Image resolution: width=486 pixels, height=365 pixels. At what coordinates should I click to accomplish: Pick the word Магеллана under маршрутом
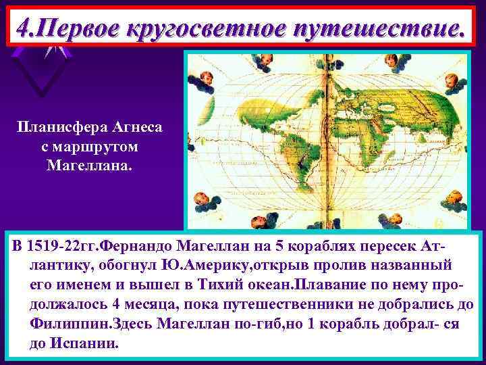pos(90,164)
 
